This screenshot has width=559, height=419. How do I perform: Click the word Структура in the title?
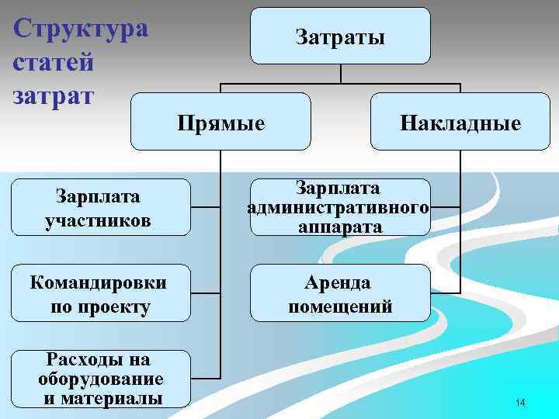[x=81, y=29]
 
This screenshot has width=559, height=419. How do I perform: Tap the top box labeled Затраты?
[x=340, y=36]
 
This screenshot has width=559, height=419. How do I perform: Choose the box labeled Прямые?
[x=220, y=122]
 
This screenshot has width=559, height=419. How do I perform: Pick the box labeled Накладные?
[x=460, y=122]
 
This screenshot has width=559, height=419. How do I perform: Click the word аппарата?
[x=339, y=227]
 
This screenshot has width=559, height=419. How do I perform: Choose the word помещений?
[x=340, y=306]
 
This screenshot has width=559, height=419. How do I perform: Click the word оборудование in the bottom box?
[x=100, y=379]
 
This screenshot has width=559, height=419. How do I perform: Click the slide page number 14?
[x=519, y=403]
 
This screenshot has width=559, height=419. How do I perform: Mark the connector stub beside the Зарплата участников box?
[x=205, y=207]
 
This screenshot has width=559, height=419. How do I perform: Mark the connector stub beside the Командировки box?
[x=205, y=293]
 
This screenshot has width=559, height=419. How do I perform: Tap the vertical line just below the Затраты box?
[x=341, y=73]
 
